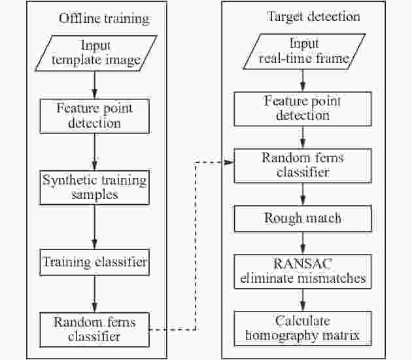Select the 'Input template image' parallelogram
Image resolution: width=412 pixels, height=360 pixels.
[95, 52]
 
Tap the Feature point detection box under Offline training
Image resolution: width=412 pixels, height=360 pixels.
[95, 115]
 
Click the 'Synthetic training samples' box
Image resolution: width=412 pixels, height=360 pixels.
[95, 187]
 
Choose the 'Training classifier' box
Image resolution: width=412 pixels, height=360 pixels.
[95, 262]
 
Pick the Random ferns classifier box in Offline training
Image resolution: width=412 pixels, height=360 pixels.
[95, 329]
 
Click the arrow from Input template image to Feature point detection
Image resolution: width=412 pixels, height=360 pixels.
[95, 84]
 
